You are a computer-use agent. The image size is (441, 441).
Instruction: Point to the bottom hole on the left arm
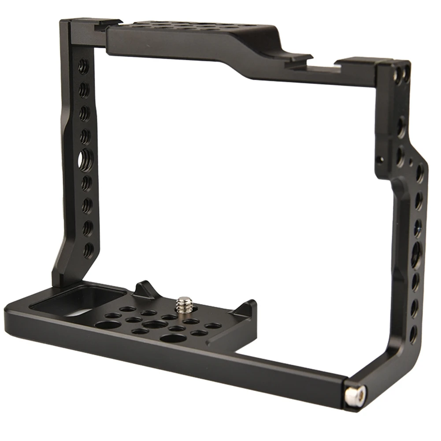point(88,250)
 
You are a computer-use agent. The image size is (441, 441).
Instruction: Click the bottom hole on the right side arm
point(413,334)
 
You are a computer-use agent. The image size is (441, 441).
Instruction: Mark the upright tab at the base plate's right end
point(245,308)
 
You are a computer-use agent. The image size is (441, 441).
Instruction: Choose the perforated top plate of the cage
point(185,27)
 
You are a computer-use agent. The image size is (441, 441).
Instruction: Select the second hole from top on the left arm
point(82,90)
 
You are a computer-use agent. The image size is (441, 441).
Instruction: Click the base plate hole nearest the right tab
point(213,326)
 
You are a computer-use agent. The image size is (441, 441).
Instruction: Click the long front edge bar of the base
point(176,352)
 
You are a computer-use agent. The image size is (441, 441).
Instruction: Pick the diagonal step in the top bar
point(229,57)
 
